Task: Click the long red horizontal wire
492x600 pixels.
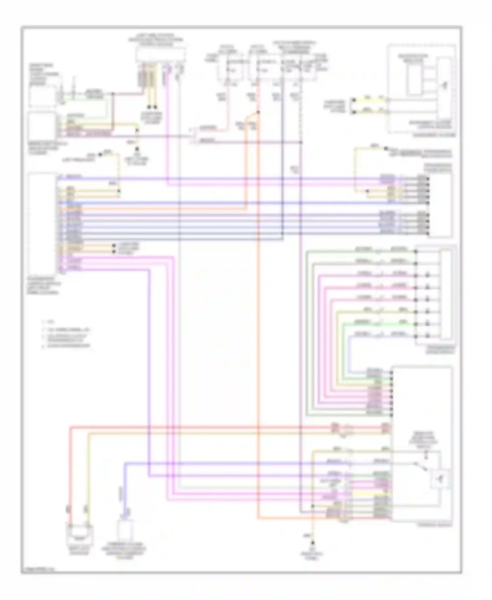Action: pyautogui.click(x=197, y=427)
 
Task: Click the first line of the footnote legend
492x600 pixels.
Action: pyautogui.click(x=49, y=322)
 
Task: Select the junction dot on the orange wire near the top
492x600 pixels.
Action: pyautogui.click(x=258, y=112)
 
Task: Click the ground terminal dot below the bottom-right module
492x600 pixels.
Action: pyautogui.click(x=313, y=543)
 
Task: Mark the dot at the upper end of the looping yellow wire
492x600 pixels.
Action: pyautogui.click(x=386, y=148)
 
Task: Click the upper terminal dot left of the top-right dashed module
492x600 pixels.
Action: pyautogui.click(x=354, y=99)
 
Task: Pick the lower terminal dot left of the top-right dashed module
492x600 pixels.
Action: pyautogui.click(x=354, y=112)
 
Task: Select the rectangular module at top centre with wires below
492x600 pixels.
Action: pyautogui.click(x=161, y=54)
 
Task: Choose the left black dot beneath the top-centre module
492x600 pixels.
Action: pyautogui.click(x=149, y=107)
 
